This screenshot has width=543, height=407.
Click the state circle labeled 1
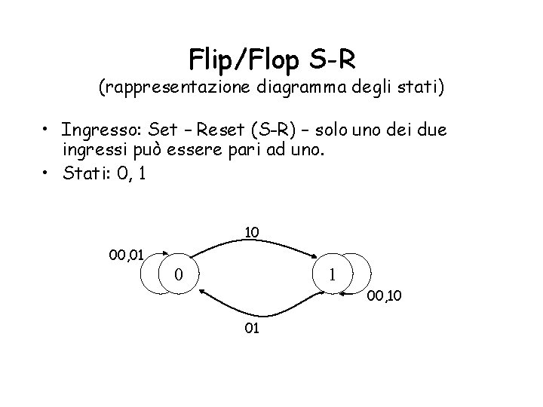[x=331, y=275]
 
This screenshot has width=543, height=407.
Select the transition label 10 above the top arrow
[x=252, y=233]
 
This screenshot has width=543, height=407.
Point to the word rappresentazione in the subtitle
[x=176, y=88]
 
